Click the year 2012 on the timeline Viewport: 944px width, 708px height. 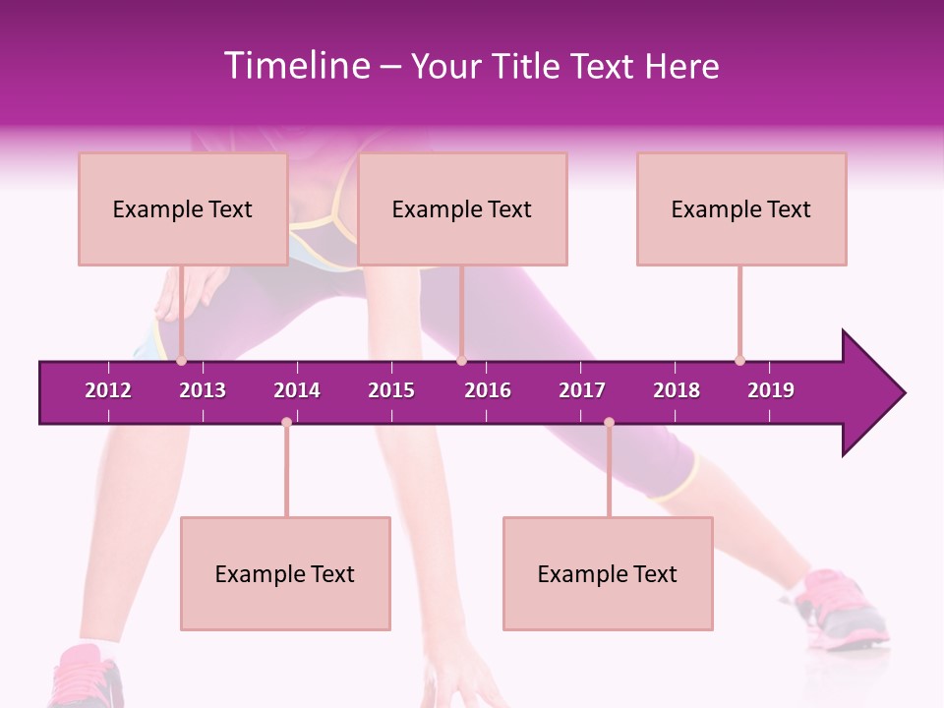tap(108, 390)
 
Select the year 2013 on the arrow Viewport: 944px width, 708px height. tap(203, 390)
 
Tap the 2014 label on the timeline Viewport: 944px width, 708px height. tap(297, 390)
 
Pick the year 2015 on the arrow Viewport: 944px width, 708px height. tap(391, 390)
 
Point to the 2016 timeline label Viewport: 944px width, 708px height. tap(488, 390)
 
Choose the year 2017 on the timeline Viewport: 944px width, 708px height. tap(582, 390)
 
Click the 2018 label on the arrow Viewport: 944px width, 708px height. tap(677, 390)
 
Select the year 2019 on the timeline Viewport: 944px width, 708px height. tap(771, 390)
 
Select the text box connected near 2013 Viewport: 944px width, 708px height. tap(183, 208)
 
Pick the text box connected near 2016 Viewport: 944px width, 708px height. tap(462, 208)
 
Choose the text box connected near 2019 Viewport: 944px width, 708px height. tap(741, 208)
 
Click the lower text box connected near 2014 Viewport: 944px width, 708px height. tap(285, 573)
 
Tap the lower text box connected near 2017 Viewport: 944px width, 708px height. tap(608, 573)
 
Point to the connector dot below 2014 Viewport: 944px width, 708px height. tap(286, 423)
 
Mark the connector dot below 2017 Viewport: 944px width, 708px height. tap(609, 423)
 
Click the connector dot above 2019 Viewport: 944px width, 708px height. tap(739, 360)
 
